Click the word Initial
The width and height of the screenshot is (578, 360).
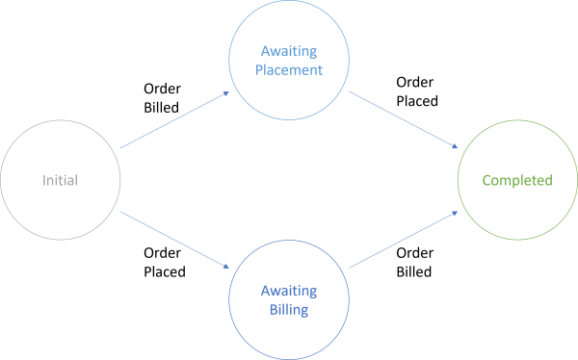60,180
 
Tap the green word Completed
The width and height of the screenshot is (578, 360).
517,180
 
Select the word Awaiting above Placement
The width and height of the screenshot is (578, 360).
287,50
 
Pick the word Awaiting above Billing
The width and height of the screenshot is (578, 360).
287,291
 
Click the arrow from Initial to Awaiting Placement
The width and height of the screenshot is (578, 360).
173,120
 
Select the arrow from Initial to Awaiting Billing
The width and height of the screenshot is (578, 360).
173,239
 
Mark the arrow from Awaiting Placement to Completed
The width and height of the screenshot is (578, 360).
402,120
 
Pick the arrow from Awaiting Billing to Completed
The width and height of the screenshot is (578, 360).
402,240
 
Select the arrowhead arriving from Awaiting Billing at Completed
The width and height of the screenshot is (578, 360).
456,212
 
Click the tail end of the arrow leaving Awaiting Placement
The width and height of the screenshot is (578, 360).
349,93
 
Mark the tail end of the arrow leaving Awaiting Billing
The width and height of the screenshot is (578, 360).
349,268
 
